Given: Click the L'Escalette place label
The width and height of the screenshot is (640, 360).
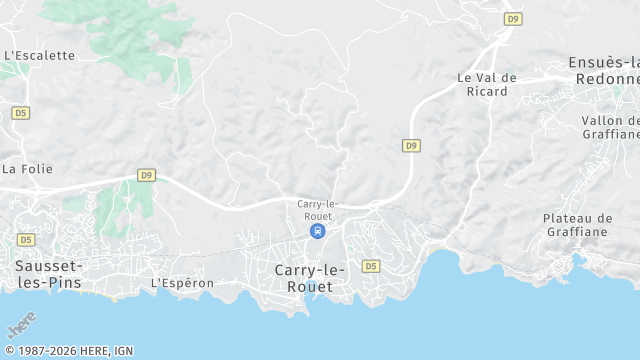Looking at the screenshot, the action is tap(40, 56).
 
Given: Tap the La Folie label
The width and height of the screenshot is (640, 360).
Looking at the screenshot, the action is tap(27, 169).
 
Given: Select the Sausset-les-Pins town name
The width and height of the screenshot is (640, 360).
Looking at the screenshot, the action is tap(49, 274).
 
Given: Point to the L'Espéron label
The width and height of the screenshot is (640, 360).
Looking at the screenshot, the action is tap(182, 283).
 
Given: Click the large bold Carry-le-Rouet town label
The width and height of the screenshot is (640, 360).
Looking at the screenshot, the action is tap(310, 278).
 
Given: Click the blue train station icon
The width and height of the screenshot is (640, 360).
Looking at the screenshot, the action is tap(317, 231).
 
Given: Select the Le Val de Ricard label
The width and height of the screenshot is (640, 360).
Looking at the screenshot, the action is tap(487, 84).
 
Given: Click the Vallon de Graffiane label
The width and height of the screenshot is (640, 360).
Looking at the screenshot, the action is tap(611, 127).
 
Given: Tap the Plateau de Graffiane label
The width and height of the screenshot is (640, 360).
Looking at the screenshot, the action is tap(591, 224).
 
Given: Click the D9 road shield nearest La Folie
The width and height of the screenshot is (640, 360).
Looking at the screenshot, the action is tap(147, 175).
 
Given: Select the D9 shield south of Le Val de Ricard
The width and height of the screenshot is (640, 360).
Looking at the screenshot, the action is tap(411, 145).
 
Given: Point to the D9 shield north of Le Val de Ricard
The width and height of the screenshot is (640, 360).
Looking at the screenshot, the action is tap(513, 18).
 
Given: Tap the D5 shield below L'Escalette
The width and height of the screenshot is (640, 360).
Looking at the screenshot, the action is tap(21, 113).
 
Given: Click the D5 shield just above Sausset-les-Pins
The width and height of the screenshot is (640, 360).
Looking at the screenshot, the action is tap(25, 240).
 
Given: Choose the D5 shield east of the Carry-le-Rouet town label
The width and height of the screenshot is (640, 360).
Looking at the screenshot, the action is tap(371, 266).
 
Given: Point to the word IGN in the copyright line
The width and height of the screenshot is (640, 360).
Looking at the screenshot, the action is tap(122, 351).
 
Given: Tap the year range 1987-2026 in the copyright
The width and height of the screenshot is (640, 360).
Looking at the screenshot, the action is tap(46, 351).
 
